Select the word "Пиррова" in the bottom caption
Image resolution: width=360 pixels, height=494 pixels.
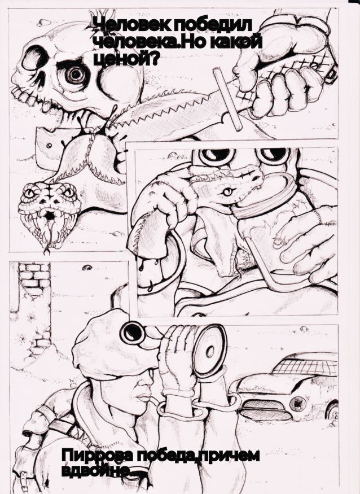tap(98, 456)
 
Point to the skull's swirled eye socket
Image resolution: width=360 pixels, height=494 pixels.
tap(74, 75)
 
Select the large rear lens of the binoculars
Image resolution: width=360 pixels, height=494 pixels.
tap(209, 349)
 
